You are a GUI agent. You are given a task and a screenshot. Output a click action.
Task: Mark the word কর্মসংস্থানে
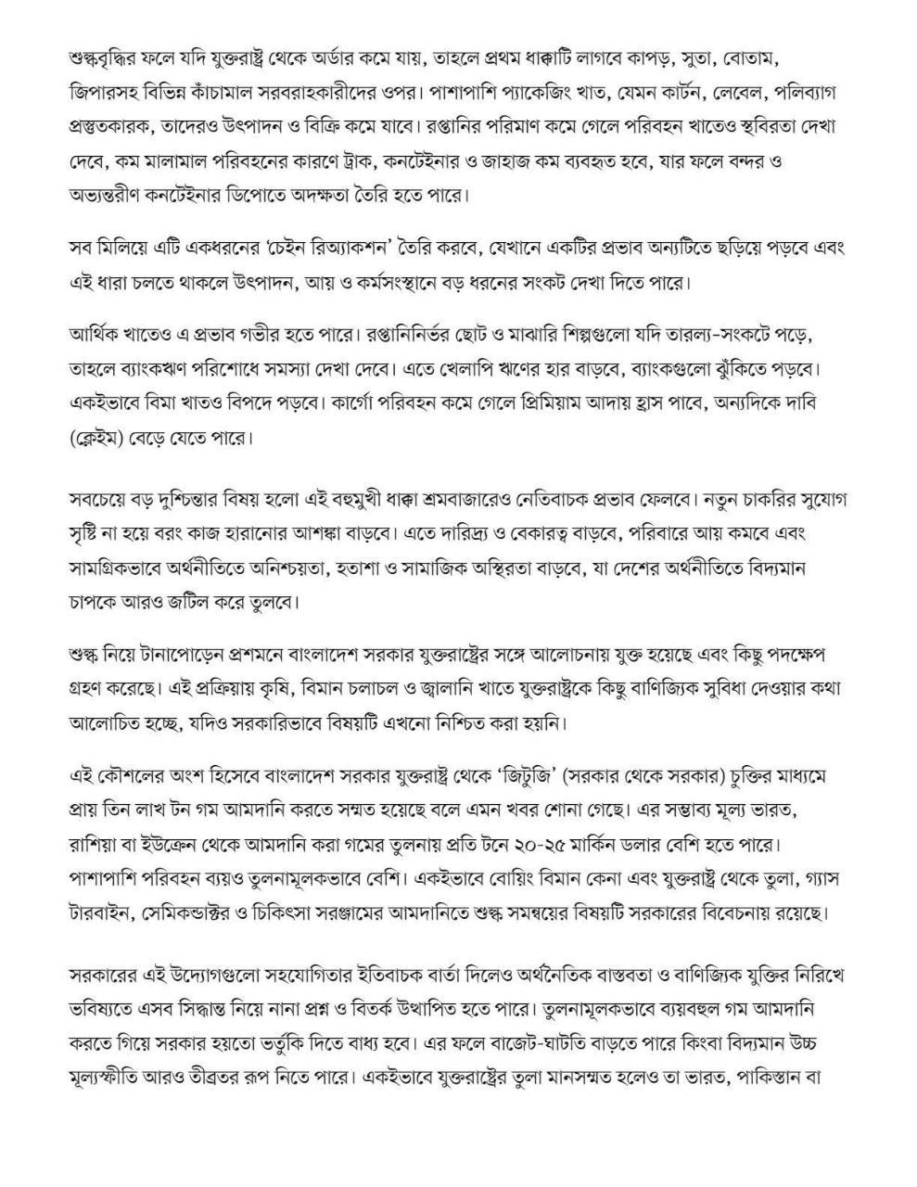pos(451,281)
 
